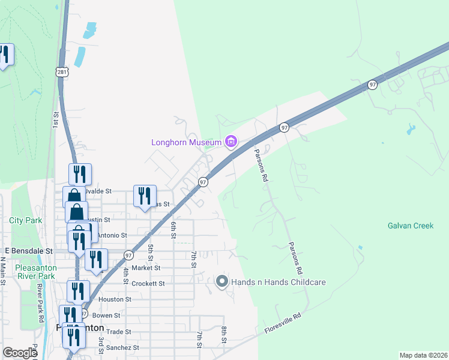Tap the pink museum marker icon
[231, 142]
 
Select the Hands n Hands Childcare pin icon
[221, 281]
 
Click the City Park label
[26, 220]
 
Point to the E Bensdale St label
[29, 250]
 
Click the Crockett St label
[148, 283]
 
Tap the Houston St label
[115, 299]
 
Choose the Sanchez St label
[123, 347]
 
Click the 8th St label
[223, 334]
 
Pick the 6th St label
[173, 229]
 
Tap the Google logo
[20, 353]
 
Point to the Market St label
[146, 268]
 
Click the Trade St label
[119, 331]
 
